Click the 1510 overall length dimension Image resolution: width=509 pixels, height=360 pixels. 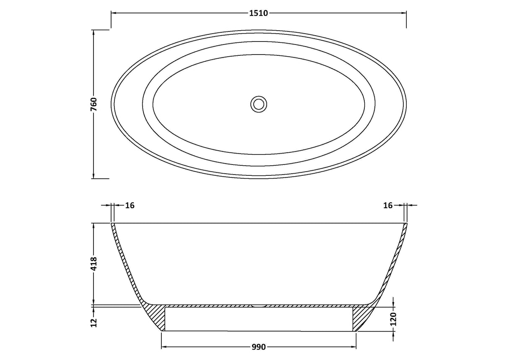coord(259,13)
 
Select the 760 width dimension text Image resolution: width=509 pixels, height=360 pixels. coord(94,104)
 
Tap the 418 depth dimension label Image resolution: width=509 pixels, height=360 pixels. coord(94,263)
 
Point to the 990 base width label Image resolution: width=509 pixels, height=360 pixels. coord(259,347)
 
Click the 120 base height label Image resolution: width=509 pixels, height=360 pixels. coord(394,319)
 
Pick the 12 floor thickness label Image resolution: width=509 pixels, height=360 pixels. coord(94,323)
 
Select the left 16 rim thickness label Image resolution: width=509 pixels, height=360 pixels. coord(130,205)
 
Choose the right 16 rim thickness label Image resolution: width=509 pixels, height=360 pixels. coord(388,205)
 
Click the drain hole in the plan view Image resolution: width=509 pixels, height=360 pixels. coord(259,104)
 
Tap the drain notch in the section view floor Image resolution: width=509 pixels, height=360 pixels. coord(259,305)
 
